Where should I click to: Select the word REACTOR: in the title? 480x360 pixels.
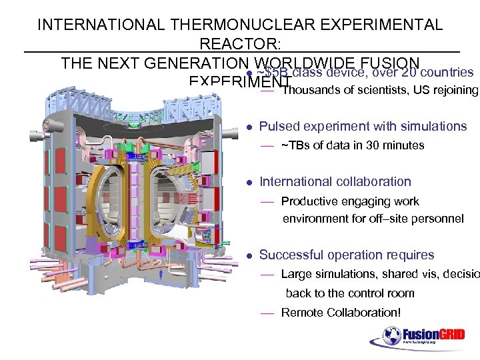pyautogui.click(x=240, y=45)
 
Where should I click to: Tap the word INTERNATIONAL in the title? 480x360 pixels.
pyautogui.click(x=99, y=25)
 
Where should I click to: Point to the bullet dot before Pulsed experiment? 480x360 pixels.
pyautogui.click(x=248, y=127)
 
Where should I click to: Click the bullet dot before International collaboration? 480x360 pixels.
pyautogui.click(x=248, y=182)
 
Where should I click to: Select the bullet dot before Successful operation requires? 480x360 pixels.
pyautogui.click(x=248, y=255)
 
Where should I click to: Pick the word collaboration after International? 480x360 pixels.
pyautogui.click(x=373, y=181)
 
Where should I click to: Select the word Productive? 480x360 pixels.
pyautogui.click(x=309, y=201)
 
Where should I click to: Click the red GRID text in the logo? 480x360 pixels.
pyautogui.click(x=451, y=333)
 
